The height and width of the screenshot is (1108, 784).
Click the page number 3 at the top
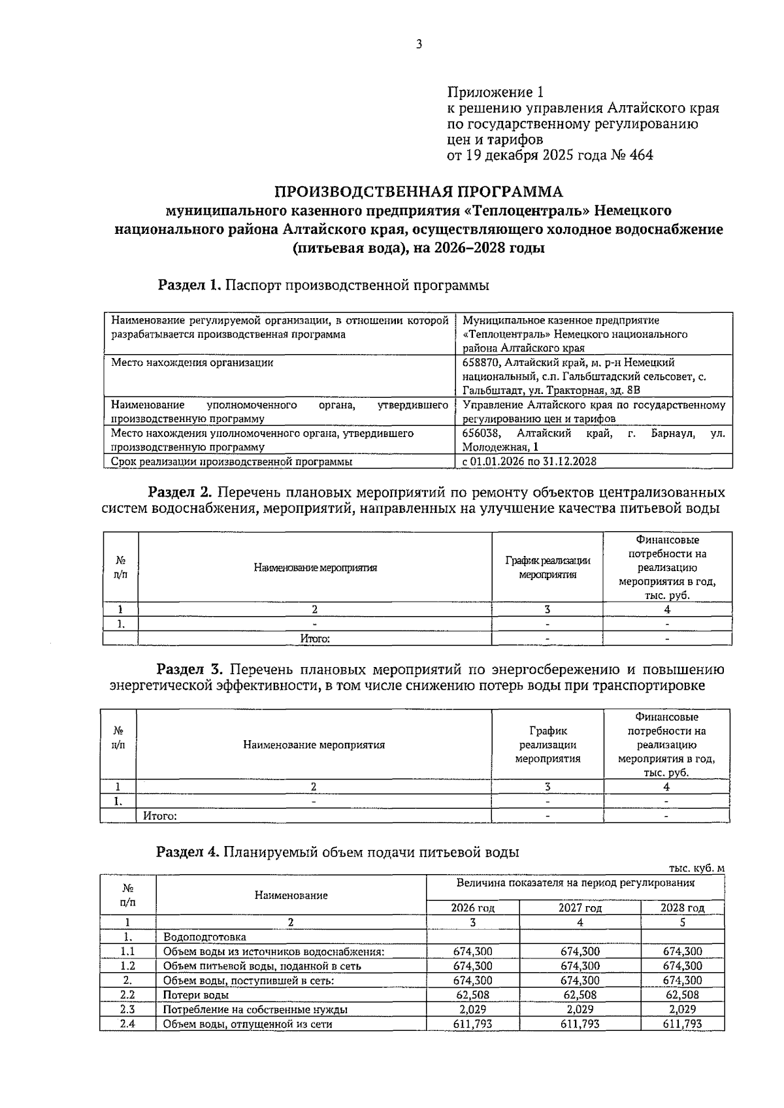pos(419,44)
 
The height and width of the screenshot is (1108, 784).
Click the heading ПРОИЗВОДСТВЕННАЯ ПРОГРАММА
pos(418,191)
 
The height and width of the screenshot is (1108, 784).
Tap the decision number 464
pos(640,155)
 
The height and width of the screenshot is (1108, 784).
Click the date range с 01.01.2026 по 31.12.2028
pos(529,461)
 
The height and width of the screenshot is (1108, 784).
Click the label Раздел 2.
pos(180,491)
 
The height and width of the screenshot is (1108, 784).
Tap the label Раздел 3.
pos(189,670)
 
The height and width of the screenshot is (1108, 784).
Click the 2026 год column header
pos(473,908)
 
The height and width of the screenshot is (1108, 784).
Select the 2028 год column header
pos(682,908)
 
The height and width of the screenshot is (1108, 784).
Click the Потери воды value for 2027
pos(580,995)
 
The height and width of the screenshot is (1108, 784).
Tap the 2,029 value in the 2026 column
pos(472,1009)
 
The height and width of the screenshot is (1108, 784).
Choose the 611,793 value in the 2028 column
pos(682,1024)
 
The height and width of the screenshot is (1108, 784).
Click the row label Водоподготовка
pos(204,937)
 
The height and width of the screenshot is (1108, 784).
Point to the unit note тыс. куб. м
pos(696,868)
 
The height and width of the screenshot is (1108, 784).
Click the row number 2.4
pos(127,1024)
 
